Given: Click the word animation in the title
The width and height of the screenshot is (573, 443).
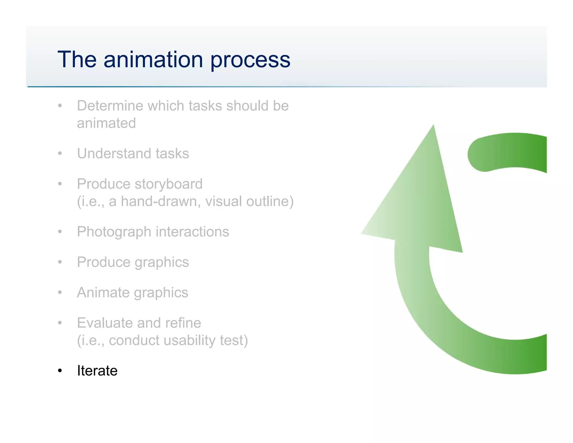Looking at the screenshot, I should [x=153, y=59].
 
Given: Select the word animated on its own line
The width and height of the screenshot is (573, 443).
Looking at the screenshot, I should [x=106, y=123].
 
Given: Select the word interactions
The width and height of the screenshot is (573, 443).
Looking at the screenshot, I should [x=192, y=232].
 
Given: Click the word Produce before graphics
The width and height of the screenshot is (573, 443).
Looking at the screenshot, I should [x=103, y=262].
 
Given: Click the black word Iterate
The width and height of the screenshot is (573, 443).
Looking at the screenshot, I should [x=97, y=371].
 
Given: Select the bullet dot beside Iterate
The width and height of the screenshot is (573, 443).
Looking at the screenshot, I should [x=60, y=371].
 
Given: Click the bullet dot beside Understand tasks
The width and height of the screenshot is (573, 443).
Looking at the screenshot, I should [x=60, y=153].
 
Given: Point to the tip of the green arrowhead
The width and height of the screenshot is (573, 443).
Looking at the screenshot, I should [x=433, y=126].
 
